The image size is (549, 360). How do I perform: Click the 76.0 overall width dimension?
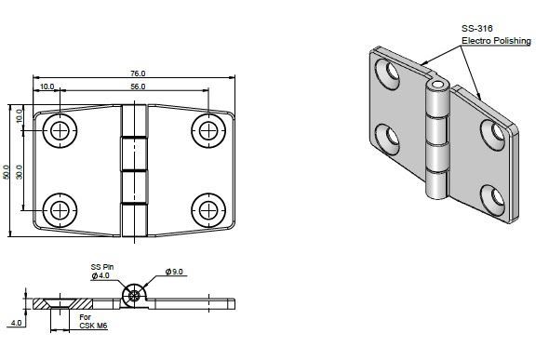click(x=138, y=73)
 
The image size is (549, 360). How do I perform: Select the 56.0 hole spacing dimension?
click(x=138, y=87)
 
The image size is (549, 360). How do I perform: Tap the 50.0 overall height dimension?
click(x=6, y=172)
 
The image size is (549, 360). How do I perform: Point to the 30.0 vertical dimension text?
click(x=20, y=172)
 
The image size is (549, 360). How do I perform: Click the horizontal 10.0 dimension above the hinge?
click(x=47, y=87)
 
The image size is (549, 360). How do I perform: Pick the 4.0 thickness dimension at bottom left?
click(x=16, y=323)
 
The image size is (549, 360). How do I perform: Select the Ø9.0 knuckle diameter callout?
click(x=174, y=272)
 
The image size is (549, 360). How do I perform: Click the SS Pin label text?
click(x=102, y=267)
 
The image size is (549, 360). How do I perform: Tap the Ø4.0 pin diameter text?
click(x=100, y=275)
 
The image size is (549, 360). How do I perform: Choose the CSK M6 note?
click(x=93, y=326)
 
